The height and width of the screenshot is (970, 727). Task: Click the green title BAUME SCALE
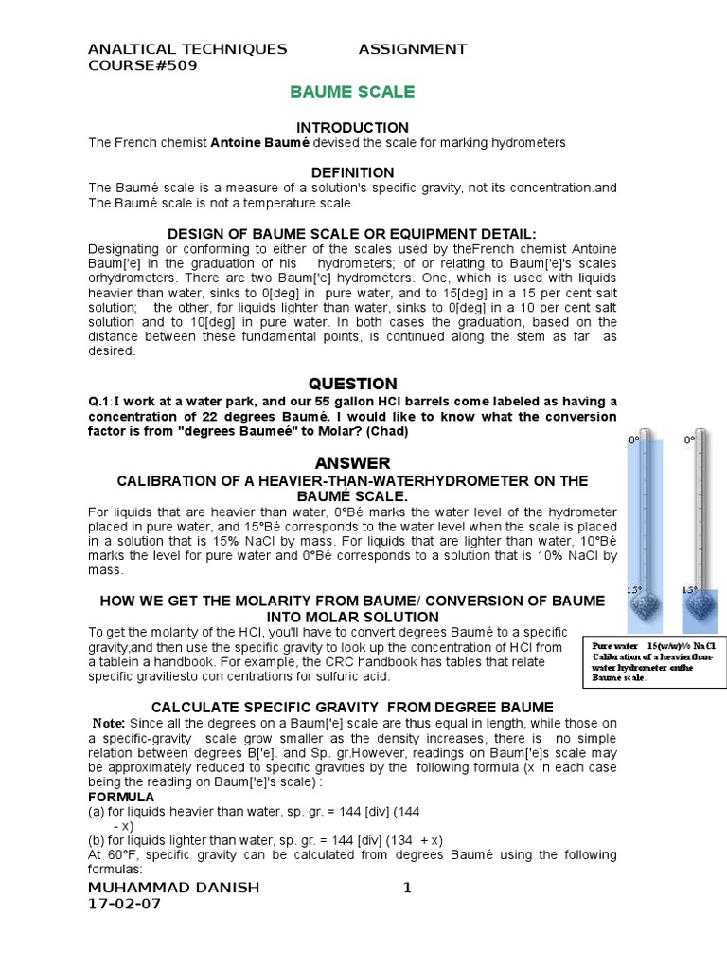(x=351, y=92)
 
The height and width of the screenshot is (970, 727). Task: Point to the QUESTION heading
(x=352, y=384)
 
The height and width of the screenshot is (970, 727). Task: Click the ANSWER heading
(x=352, y=462)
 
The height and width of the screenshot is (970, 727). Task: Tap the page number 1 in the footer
(x=407, y=888)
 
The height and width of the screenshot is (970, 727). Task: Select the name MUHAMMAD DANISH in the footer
(x=173, y=888)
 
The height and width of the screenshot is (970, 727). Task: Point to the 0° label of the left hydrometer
(x=635, y=440)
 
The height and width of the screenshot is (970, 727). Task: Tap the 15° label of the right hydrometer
(x=690, y=589)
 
